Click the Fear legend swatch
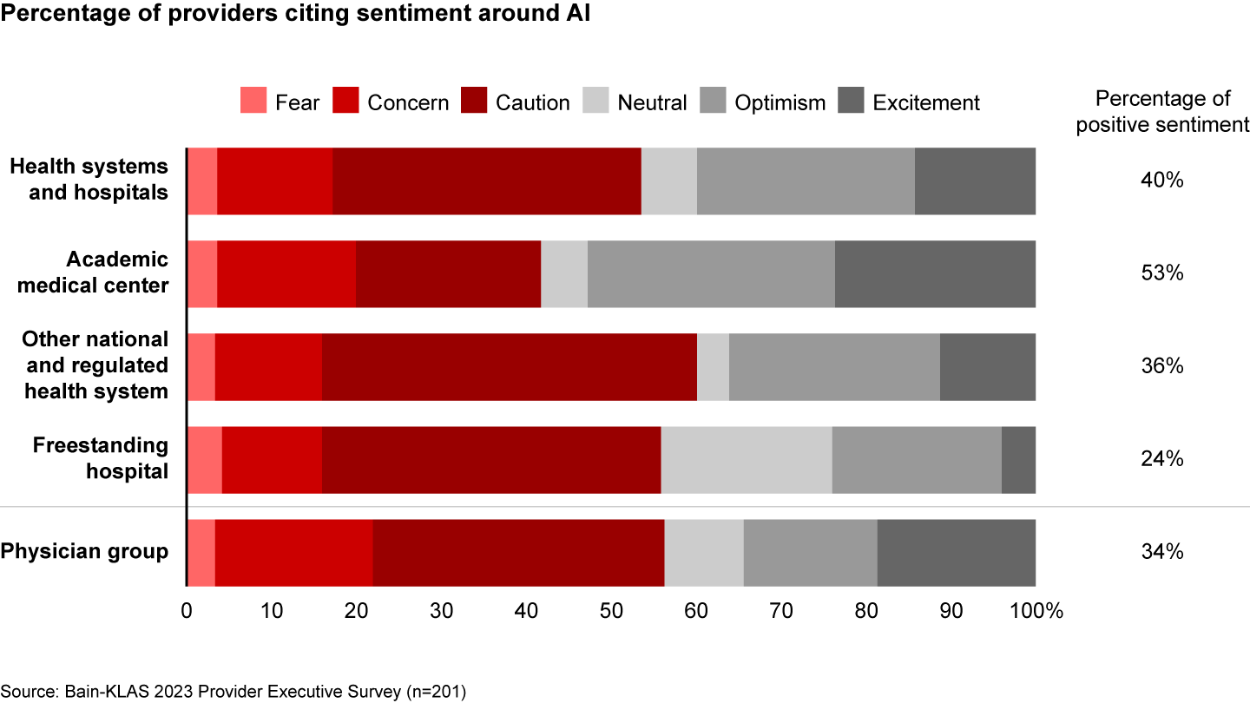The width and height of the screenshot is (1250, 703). (253, 102)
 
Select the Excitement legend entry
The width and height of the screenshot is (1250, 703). (925, 102)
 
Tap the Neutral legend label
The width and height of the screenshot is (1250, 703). (652, 102)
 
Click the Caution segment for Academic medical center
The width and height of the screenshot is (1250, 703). (448, 274)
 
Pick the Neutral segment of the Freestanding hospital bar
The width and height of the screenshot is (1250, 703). (746, 460)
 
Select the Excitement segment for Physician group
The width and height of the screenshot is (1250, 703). (956, 553)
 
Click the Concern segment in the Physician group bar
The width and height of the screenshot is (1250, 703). (293, 553)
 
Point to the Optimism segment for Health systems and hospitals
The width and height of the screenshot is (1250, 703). (806, 181)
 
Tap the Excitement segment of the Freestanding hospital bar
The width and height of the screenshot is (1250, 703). (1018, 460)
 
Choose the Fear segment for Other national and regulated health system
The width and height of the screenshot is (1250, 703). (201, 367)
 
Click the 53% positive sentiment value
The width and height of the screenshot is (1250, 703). (1161, 273)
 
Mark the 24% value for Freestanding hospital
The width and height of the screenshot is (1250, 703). (1161, 459)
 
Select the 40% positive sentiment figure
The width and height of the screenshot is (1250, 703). (1161, 181)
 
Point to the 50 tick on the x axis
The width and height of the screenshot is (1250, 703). (611, 610)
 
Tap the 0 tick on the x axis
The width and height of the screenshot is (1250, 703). (187, 610)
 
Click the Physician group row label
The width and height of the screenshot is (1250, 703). (85, 552)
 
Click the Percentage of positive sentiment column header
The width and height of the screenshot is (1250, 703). (1161, 112)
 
